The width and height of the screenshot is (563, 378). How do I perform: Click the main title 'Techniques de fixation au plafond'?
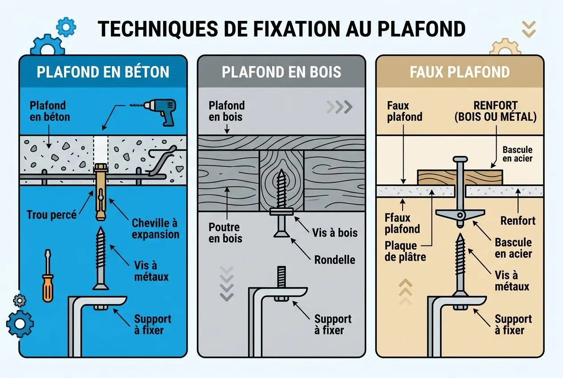281,29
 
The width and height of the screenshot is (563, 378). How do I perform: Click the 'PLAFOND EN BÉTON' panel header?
103,72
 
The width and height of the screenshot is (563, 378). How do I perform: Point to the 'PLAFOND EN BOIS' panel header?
281,72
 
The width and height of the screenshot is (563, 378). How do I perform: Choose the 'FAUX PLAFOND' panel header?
460,72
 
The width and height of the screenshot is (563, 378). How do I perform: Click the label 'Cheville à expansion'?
155,229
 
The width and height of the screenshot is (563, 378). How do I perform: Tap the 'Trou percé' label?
51,214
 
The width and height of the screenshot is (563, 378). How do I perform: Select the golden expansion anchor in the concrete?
101,192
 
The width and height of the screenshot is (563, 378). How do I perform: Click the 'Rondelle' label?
335,259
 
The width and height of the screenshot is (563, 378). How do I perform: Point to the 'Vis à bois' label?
335,232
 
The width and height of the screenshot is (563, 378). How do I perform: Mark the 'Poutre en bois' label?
226,233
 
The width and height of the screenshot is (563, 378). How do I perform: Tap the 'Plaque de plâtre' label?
401,251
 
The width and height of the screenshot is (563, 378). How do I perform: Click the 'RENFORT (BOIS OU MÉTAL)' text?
495,111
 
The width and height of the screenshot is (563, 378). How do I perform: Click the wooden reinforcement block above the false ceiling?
460,177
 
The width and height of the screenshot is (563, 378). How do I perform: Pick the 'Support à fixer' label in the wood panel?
333,325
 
